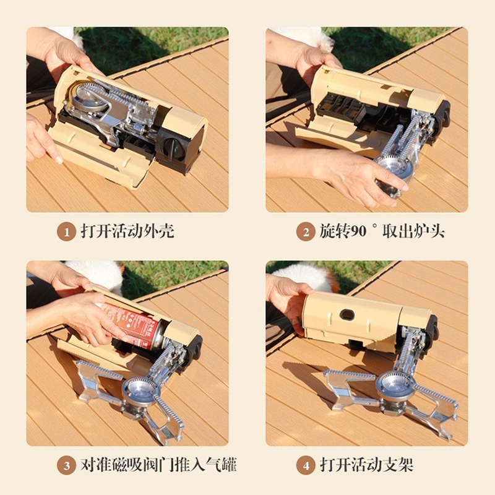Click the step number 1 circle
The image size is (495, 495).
pos(67,232)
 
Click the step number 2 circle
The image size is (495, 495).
pos(306,232)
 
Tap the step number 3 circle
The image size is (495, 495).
pos(67,466)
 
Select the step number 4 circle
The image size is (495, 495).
pos(306,466)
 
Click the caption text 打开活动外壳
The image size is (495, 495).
pos(127,231)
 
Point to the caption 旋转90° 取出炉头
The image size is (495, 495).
pos(382,231)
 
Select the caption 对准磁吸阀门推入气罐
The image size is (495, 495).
pos(158,465)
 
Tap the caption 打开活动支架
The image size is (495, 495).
pos(367,465)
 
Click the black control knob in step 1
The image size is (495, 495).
pos(172,148)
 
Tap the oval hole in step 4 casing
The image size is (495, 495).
pos(347,314)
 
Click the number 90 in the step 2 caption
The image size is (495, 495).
pos(359,231)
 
